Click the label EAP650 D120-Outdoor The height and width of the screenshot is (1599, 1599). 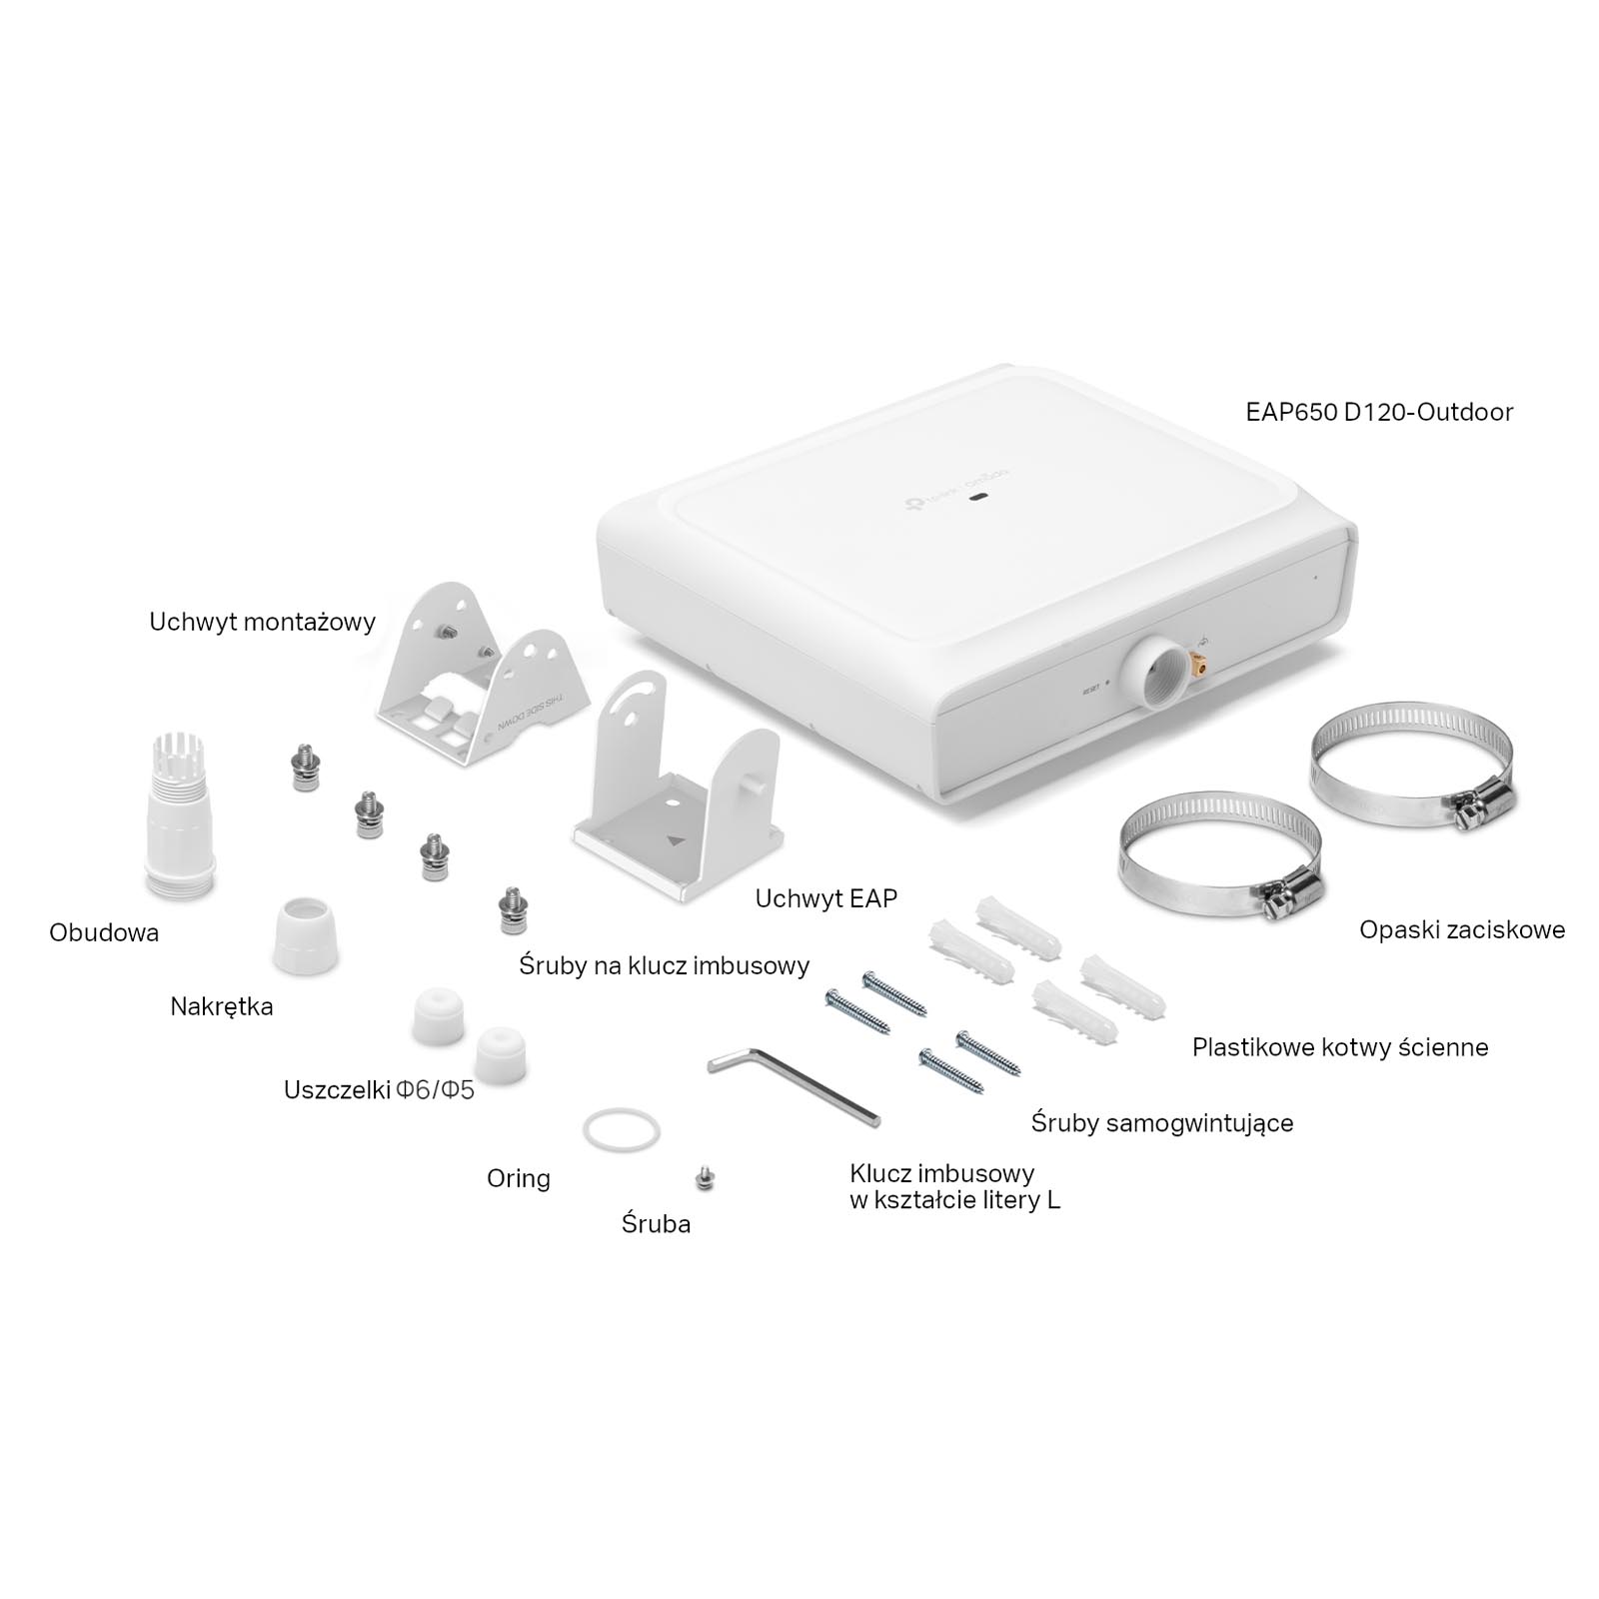(1379, 412)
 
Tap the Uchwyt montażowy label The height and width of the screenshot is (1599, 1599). (262, 622)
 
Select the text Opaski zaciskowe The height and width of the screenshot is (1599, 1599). (1462, 929)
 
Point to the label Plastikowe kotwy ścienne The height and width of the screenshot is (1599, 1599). (1340, 1047)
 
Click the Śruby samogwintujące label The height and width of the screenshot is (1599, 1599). (1162, 1123)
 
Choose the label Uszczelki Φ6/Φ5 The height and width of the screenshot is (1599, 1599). (379, 1089)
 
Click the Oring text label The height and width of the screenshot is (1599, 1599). (519, 1179)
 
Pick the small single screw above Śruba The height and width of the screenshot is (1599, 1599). (706, 1178)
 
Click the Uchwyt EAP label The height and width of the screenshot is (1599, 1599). (826, 898)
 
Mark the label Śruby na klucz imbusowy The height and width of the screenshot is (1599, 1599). (665, 965)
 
